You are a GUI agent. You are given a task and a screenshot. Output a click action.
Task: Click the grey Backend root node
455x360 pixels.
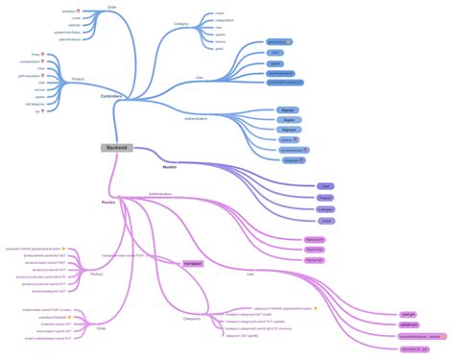pyautogui.click(x=116, y=148)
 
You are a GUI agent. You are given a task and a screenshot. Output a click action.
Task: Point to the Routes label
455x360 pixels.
pyautogui.click(x=108, y=203)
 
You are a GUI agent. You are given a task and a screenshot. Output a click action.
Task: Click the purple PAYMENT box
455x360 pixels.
pyautogui.click(x=194, y=262)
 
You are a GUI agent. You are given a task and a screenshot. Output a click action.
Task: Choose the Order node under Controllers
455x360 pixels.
pyautogui.click(x=111, y=7)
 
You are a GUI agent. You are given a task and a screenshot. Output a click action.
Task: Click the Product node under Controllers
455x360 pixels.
pyautogui.click(x=78, y=79)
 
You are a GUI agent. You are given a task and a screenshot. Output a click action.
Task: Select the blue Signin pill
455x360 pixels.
pyautogui.click(x=287, y=120)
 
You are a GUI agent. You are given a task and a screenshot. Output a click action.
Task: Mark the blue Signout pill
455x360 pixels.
pyautogui.click(x=287, y=130)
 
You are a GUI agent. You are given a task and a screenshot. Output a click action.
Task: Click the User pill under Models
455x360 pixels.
pyautogui.click(x=325, y=185)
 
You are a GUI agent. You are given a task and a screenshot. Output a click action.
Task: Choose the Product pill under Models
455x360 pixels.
pyautogui.click(x=325, y=197)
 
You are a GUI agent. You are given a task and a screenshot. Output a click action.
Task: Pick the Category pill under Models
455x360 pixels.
pyautogui.click(x=325, y=208)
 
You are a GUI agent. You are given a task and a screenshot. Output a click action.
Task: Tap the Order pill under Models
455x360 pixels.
pyautogui.click(x=325, y=220)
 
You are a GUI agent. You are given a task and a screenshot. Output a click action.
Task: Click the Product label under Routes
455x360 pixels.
pyautogui.click(x=97, y=275)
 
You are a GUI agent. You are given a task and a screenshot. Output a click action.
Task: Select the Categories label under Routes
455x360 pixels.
pyautogui.click(x=192, y=318)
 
